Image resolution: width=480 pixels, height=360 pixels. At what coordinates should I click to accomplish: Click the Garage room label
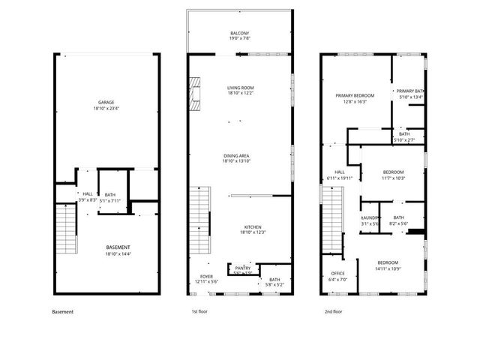[x=106, y=102]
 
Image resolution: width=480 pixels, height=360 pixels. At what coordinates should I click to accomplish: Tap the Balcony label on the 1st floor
[x=240, y=34]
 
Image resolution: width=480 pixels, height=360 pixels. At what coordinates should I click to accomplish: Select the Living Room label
[x=241, y=88]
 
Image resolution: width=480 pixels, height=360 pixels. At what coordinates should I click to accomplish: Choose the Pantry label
[x=242, y=268]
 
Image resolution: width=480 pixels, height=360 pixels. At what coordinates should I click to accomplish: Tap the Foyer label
[x=206, y=276]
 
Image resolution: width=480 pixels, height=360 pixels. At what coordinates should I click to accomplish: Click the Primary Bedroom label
[x=355, y=96]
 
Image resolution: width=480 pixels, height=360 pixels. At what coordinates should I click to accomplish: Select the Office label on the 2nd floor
[x=337, y=273]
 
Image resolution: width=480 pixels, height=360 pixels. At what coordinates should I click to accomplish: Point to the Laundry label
[x=370, y=217]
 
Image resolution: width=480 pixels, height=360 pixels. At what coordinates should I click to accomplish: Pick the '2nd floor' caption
[x=334, y=311]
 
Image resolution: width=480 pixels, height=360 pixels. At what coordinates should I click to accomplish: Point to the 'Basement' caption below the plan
[x=63, y=311]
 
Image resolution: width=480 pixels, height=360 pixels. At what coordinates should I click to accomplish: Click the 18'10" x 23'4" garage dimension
[x=106, y=109]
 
